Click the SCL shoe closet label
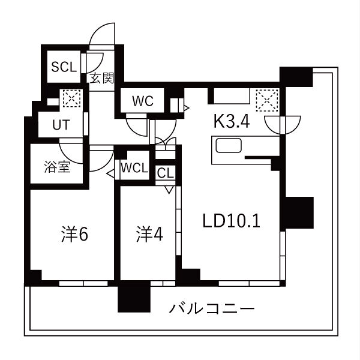tap(64, 67)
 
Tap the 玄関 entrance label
tap(102, 78)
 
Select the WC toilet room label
tap(143, 101)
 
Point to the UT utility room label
tap(61, 125)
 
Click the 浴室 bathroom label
tap(57, 167)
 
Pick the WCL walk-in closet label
tap(134, 168)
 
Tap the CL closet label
tap(166, 173)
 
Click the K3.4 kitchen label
tap(232, 121)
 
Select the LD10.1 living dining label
tap(231, 221)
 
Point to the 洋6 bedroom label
tap(74, 234)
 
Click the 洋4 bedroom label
tap(149, 234)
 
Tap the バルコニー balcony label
tap(212, 308)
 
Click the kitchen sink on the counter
tap(229, 145)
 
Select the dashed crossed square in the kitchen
tap(267, 100)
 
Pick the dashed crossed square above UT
tap(71, 98)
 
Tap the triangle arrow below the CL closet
tap(169, 190)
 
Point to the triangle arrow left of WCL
tap(110, 174)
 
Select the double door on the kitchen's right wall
tap(283, 125)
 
